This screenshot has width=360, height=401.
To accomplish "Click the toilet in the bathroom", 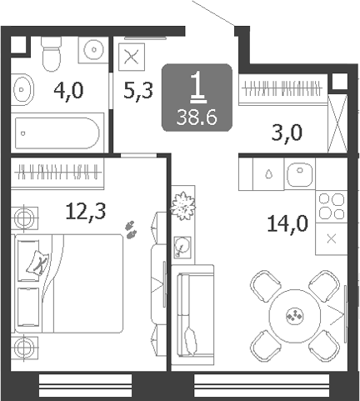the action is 51,53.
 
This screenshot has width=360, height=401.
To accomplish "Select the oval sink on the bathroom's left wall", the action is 22,89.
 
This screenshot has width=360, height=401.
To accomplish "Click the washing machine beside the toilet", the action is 93,50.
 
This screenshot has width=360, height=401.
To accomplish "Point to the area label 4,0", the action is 68,92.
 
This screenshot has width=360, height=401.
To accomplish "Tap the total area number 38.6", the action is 197,118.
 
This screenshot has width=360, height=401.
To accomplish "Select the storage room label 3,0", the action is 287,133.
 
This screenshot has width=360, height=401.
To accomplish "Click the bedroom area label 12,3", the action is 86,211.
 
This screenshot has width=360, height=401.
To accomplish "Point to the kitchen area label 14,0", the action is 287,223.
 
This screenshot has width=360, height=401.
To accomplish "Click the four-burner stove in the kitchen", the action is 332,207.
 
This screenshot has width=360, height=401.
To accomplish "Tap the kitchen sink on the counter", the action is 300,174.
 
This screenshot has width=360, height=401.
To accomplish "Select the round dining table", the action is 295,316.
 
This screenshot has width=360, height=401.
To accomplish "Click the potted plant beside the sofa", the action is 182,207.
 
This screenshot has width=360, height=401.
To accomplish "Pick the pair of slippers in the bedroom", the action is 130,229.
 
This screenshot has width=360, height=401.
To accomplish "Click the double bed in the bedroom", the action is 68,283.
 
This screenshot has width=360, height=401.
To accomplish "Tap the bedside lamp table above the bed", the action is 24,218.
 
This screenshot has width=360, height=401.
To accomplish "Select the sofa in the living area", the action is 192,314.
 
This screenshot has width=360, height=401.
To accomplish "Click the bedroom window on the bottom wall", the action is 85,385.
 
